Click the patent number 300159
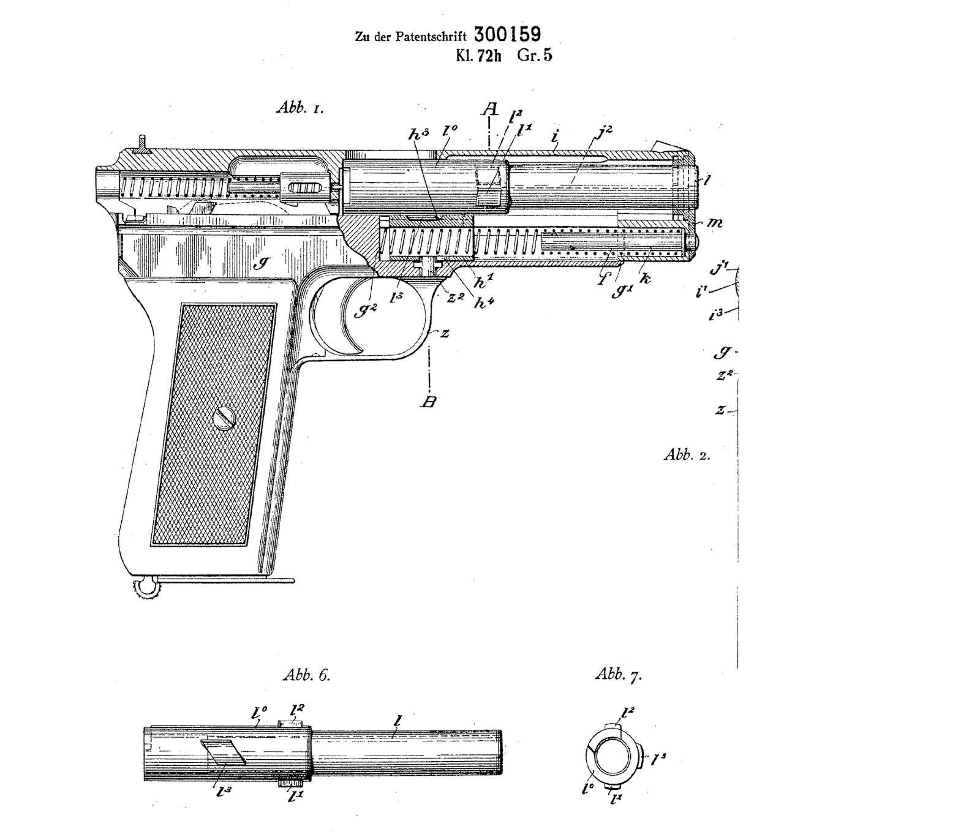[507, 34]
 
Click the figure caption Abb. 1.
[300, 108]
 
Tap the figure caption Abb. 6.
[306, 675]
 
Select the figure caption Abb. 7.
[618, 675]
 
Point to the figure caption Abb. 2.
[687, 455]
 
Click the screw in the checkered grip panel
[225, 419]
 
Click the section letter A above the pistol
[489, 110]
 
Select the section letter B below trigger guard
[429, 402]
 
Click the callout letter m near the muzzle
[714, 222]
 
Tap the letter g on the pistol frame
[264, 263]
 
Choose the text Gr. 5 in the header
[535, 56]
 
